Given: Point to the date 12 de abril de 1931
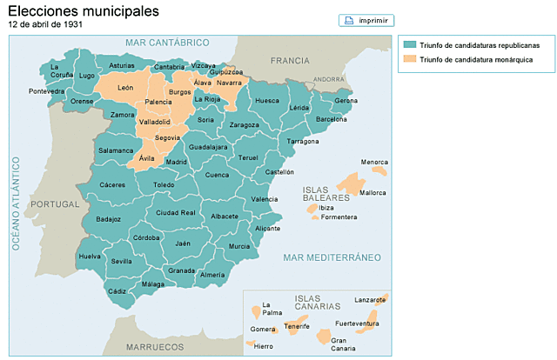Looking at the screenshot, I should (44, 25).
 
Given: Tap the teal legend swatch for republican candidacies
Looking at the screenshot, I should (408, 44).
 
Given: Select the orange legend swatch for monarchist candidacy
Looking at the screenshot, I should (408, 60).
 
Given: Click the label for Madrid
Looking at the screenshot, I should (176, 162).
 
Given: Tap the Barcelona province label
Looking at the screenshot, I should (331, 119).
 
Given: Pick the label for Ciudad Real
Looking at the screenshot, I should (177, 213).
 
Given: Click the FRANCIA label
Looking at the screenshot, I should (290, 60).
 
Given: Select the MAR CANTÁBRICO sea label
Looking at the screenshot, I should (167, 43).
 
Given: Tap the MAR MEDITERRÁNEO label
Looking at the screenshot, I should (332, 257).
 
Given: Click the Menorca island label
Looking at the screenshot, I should (374, 163).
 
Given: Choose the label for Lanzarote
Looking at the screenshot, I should (371, 299).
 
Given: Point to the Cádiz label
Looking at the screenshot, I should (117, 291).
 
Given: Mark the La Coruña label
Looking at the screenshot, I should (61, 70).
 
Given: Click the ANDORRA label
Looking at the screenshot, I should (330, 78).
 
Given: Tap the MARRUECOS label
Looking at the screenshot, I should (155, 346).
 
